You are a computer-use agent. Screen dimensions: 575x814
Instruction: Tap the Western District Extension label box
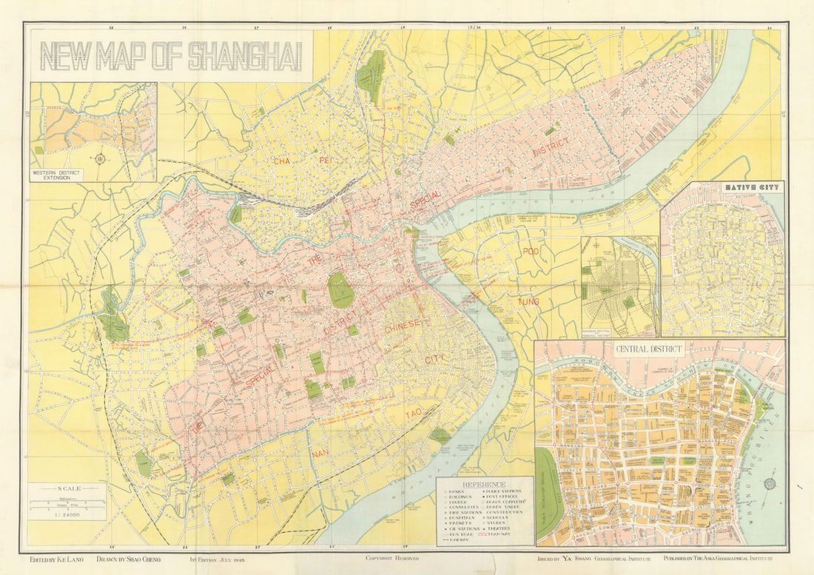pyautogui.click(x=57, y=175)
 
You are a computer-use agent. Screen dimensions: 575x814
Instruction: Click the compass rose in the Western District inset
pyautogui.click(x=99, y=158)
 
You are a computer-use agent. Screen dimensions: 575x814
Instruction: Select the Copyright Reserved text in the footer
pyautogui.click(x=392, y=559)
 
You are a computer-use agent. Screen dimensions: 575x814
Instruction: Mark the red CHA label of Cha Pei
pyautogui.click(x=281, y=161)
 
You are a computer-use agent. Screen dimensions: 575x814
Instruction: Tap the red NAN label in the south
pyautogui.click(x=320, y=453)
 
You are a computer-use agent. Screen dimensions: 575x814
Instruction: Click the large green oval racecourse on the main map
pyautogui.click(x=340, y=289)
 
